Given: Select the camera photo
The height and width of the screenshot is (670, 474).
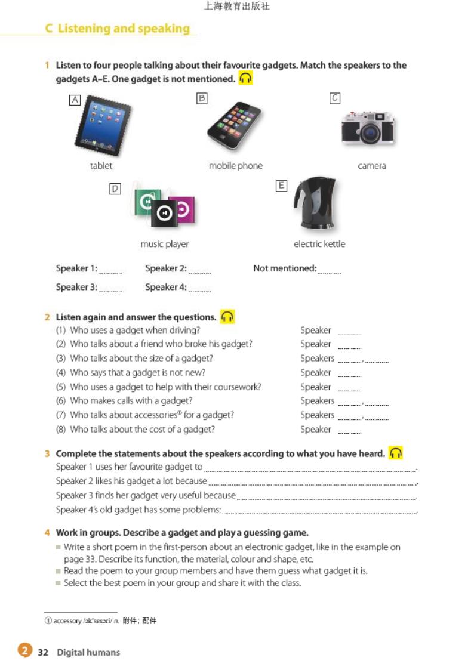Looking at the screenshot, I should point(367,129).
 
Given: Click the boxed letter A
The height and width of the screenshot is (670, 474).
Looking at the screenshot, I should point(75,100).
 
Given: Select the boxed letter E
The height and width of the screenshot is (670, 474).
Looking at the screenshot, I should point(281,186).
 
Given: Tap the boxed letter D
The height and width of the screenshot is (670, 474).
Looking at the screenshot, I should point(115,189).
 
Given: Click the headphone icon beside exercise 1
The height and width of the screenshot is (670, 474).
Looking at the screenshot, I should point(245,79).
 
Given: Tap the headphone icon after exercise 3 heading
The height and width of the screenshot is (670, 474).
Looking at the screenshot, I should point(395,453).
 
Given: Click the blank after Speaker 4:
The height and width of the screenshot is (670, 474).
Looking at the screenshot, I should point(199,289).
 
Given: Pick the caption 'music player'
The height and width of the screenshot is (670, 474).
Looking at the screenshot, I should point(164,244).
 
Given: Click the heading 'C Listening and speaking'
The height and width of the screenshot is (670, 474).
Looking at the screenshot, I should point(118,29).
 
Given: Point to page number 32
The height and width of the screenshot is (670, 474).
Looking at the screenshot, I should point(43,653).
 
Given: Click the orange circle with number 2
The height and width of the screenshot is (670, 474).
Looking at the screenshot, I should point(24,651).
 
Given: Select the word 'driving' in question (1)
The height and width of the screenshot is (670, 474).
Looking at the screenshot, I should point(185,330).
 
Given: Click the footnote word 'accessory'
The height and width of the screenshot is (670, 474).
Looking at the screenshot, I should point(67,621).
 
